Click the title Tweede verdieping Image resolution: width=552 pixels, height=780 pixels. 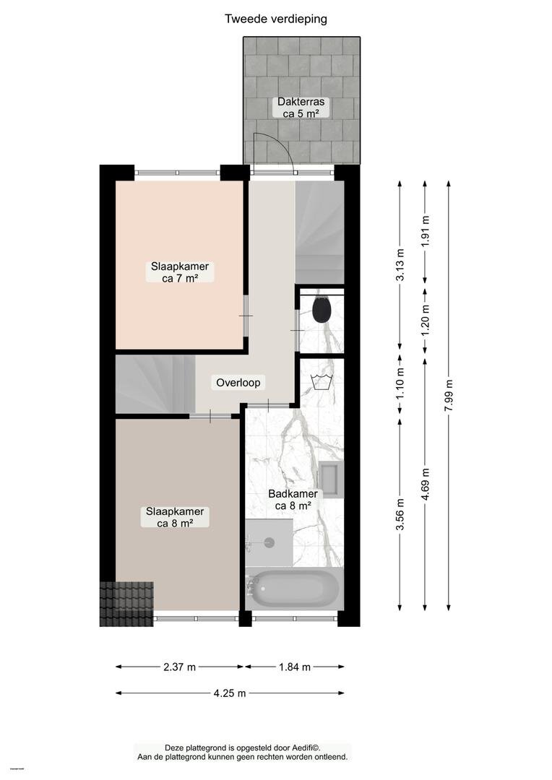click(276, 19)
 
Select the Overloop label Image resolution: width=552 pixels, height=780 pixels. click(238, 383)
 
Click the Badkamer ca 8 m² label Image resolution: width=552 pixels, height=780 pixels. click(293, 500)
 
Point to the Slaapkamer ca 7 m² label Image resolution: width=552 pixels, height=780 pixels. click(180, 272)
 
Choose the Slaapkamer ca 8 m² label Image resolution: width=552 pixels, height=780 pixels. click(175, 517)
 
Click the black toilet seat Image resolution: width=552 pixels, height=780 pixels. click(322, 309)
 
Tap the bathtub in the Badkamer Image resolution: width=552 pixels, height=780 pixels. click(293, 588)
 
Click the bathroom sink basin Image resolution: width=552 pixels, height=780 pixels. click(331, 480)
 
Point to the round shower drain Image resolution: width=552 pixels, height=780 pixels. click(269, 542)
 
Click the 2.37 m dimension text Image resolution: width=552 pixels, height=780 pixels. click(180, 667)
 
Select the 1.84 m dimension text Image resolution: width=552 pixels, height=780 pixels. click(295, 667)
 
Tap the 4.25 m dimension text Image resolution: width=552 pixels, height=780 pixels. click(230, 693)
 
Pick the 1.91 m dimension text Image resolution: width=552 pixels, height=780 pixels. click(425, 230)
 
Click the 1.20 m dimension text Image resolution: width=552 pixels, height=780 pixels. click(425, 320)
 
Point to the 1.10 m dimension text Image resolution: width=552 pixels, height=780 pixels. click(400, 383)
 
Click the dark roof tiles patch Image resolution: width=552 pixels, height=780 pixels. click(126, 604)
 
